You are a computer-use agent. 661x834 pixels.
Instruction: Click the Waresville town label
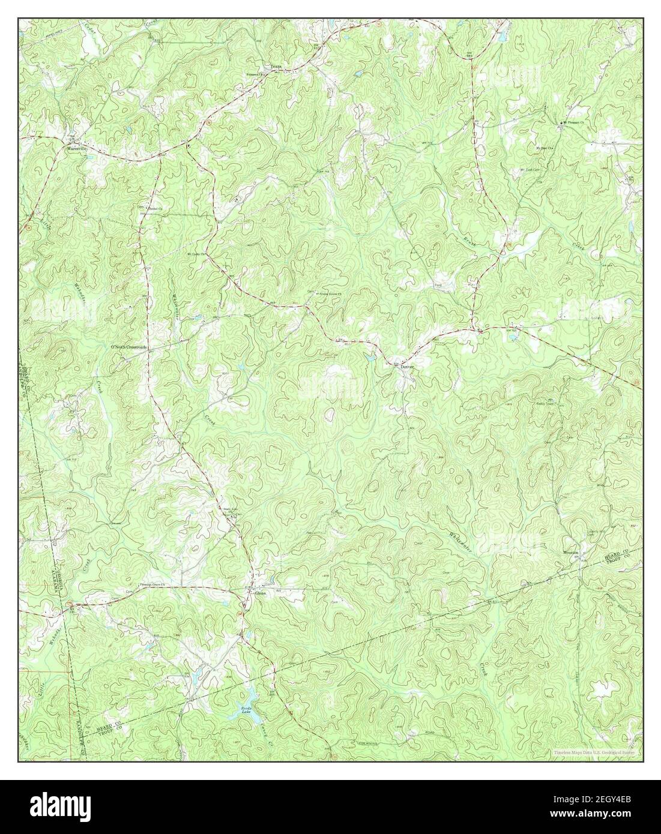(76, 146)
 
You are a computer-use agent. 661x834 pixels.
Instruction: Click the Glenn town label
(260, 593)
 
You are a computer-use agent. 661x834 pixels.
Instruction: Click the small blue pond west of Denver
(369, 358)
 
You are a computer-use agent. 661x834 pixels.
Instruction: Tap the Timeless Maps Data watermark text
(597, 751)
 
